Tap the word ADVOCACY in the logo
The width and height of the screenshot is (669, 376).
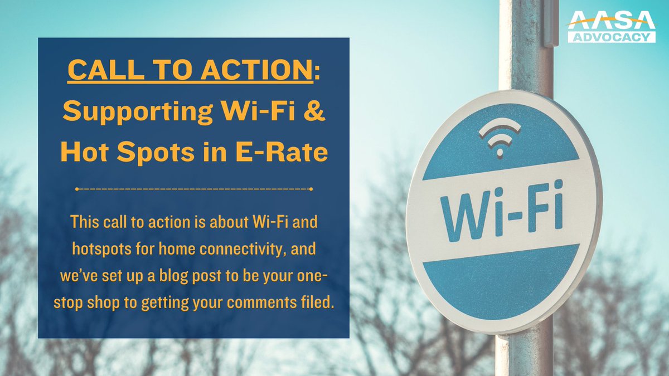coord(611,37)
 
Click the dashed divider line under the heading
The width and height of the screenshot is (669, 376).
coord(193,189)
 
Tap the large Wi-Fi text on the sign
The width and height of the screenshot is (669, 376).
coord(502,213)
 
